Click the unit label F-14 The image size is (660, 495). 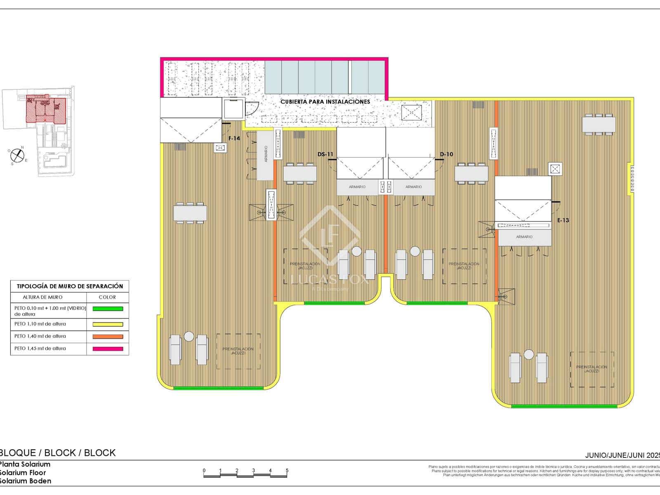(x=234, y=139)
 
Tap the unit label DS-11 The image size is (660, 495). (x=325, y=155)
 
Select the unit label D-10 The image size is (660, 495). (x=446, y=155)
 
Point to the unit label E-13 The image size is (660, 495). (x=563, y=220)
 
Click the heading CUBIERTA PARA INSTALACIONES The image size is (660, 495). (x=325, y=101)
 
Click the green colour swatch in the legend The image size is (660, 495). (x=108, y=309)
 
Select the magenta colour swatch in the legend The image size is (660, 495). (x=108, y=349)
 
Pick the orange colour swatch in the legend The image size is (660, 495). (x=108, y=337)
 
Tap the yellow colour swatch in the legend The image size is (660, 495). (x=108, y=324)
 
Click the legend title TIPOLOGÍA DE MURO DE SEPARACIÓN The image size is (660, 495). (x=70, y=286)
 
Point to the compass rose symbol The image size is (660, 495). (x=17, y=155)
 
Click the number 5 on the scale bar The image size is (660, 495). (x=287, y=470)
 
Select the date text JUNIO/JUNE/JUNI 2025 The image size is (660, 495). (x=622, y=455)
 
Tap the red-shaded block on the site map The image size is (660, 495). (x=45, y=110)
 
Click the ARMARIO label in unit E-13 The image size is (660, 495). (x=524, y=237)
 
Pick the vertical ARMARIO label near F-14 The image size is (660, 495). (x=266, y=154)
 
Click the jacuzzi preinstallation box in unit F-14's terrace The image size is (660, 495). (x=238, y=351)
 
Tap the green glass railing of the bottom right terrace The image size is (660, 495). (x=564, y=406)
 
